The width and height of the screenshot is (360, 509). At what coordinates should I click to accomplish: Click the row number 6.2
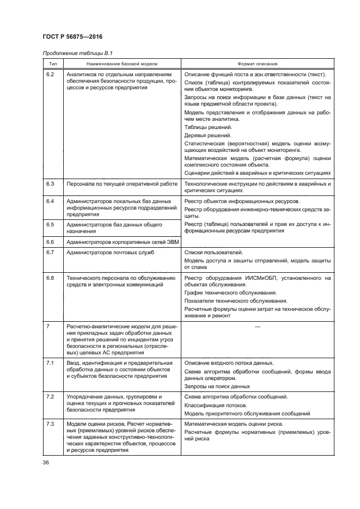click(51, 74)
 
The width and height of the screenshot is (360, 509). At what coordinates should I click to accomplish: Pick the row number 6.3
click(51, 184)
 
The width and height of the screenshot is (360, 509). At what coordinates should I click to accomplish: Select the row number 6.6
click(51, 242)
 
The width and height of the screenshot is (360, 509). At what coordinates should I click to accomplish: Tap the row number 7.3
click(51, 424)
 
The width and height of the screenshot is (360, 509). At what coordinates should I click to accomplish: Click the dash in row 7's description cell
click(257, 326)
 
